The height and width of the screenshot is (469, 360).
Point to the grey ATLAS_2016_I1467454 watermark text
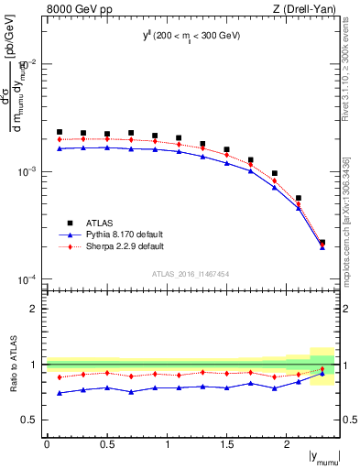[191, 273]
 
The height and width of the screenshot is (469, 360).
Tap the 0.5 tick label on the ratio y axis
[32, 420]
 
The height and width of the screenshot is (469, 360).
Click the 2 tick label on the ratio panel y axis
[36, 309]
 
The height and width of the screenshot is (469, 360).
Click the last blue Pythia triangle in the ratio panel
[322, 374]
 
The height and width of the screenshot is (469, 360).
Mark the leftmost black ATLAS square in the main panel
[60, 132]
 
